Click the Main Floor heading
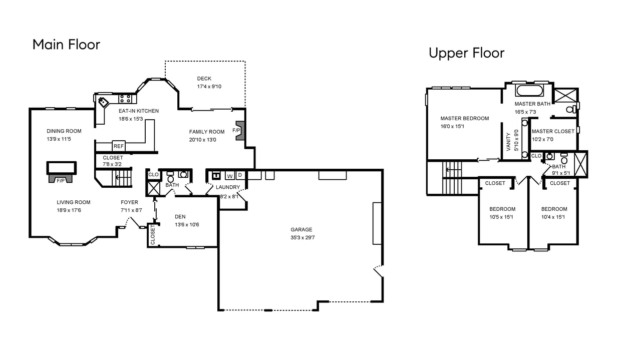[x=67, y=45]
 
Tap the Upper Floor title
[x=466, y=53]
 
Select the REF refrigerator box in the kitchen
[x=119, y=146]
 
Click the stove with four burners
[x=125, y=99]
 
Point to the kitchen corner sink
[x=103, y=102]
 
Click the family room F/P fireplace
[x=240, y=131]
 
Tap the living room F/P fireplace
[x=61, y=179]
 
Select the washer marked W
[x=230, y=175]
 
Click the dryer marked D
[x=240, y=175]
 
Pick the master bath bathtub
[x=529, y=91]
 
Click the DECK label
[x=204, y=79]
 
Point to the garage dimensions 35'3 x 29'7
[x=302, y=237]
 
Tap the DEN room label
[x=180, y=217]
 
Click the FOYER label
[x=129, y=202]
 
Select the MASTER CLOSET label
[x=553, y=131]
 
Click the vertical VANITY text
[x=508, y=142]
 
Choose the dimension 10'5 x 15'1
[x=501, y=217]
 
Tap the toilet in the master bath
[x=571, y=109]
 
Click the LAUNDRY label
[x=228, y=187]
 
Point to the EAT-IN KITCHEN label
[x=139, y=111]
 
